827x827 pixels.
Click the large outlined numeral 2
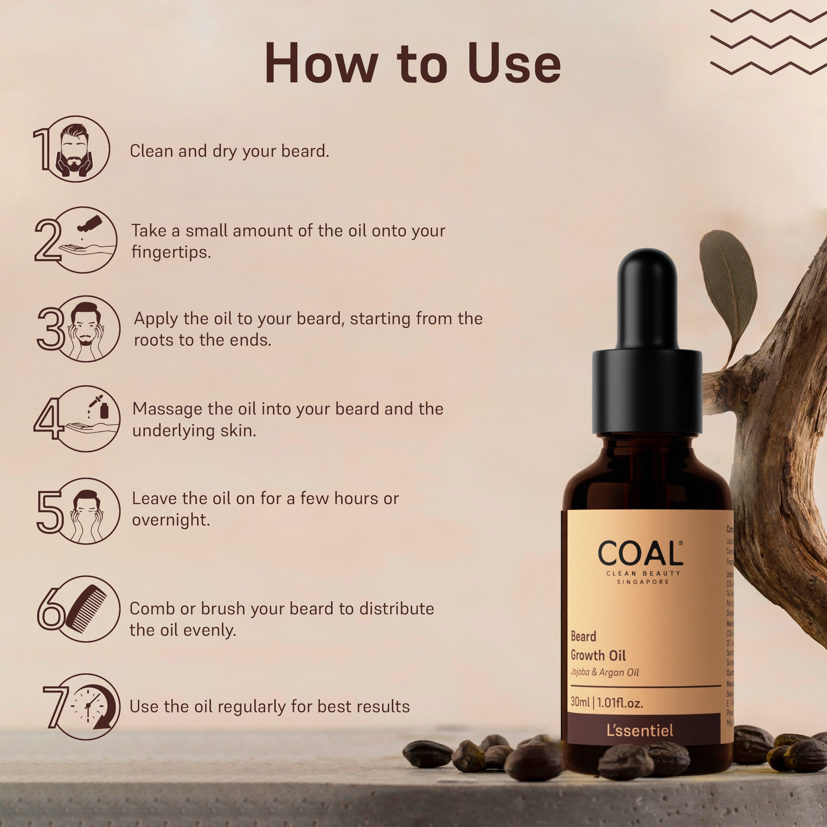(x=48, y=240)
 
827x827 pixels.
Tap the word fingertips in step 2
(x=171, y=252)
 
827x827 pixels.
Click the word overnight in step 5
(x=170, y=520)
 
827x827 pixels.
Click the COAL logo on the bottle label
(x=640, y=554)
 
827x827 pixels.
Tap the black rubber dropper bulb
(x=647, y=300)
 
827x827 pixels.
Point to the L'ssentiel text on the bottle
(x=640, y=730)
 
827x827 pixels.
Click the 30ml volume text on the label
(x=580, y=703)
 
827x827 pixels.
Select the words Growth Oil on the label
(x=598, y=656)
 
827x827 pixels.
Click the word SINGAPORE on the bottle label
(x=643, y=582)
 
